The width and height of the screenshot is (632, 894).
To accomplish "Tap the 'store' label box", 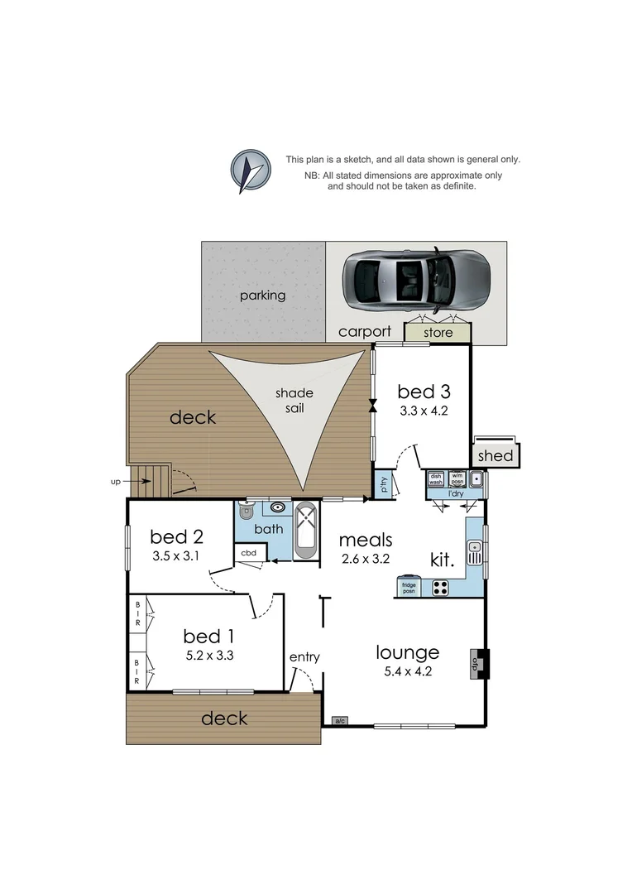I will click(438, 333).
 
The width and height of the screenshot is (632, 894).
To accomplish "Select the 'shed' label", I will click(496, 455).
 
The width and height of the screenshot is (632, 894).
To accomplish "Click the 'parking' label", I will click(262, 295).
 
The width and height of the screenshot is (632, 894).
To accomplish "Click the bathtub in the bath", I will click(305, 530).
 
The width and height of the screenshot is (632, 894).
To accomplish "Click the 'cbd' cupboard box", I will click(248, 553).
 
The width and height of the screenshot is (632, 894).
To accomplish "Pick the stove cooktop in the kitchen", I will click(439, 589).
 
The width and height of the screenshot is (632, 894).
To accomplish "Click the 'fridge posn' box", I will click(409, 587).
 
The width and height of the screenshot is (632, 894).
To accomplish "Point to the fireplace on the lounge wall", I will click(478, 663).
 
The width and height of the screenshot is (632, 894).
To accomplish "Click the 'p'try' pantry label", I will click(384, 486).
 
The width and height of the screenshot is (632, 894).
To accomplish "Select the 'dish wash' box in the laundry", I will click(436, 478).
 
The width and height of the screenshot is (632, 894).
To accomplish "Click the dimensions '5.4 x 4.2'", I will click(407, 671).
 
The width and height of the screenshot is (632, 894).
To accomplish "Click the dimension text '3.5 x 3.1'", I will click(176, 555).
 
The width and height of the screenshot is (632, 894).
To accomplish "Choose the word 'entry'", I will click(304, 657).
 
